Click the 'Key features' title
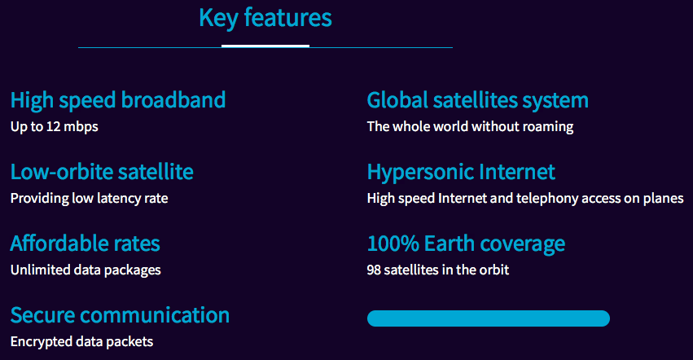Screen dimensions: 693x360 point(265,18)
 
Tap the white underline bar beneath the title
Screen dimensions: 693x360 point(265,46)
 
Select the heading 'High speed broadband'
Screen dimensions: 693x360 point(118,100)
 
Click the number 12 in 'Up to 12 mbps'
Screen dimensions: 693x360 point(53,126)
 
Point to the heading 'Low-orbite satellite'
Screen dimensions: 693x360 point(102,172)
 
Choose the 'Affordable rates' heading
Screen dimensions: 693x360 point(86,244)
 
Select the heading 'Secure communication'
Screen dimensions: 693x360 point(120,315)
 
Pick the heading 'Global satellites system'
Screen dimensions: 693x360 point(478,101)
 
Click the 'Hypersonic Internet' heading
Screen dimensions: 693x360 point(461,173)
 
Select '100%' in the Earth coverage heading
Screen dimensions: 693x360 point(393,244)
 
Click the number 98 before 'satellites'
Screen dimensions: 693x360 point(374,270)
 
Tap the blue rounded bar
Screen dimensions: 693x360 point(489,318)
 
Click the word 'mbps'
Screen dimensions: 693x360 point(81,127)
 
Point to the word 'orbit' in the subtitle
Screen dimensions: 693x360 point(493,270)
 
